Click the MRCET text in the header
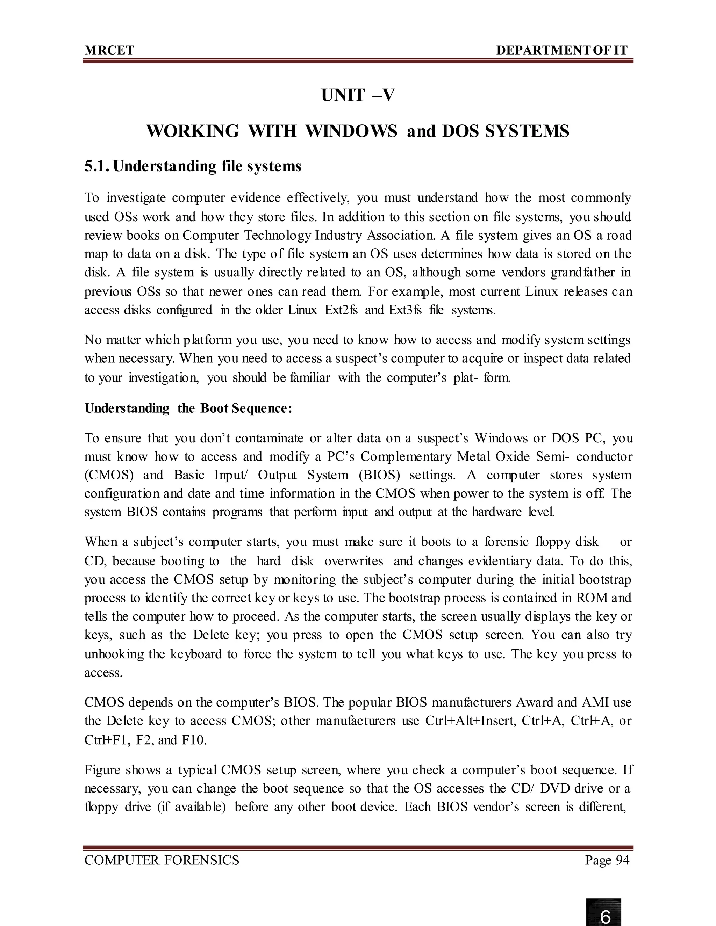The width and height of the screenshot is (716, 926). click(109, 50)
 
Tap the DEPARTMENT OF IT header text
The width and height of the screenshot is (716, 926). click(561, 50)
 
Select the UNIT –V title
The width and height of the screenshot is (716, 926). click(358, 95)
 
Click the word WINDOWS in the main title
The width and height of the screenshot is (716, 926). click(351, 131)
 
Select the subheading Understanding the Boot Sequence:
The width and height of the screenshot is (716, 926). click(188, 408)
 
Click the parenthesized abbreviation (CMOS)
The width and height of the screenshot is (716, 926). click(109, 475)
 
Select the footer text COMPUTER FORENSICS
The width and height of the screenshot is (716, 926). click(162, 860)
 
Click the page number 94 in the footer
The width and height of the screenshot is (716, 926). click(622, 860)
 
